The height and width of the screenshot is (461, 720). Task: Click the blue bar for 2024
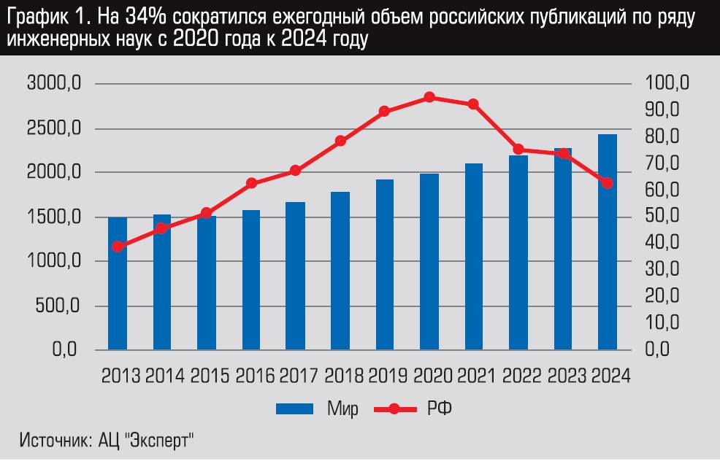[x=608, y=241]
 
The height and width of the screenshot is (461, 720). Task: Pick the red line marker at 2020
[x=429, y=97]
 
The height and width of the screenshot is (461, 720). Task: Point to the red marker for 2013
[x=118, y=247]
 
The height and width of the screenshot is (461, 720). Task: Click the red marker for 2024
[x=608, y=183]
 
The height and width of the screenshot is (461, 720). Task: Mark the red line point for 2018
[x=340, y=141]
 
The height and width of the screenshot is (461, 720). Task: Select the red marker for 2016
[x=251, y=183]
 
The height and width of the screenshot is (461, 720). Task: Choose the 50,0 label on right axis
[x=664, y=217]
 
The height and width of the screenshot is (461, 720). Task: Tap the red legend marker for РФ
[x=394, y=409]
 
